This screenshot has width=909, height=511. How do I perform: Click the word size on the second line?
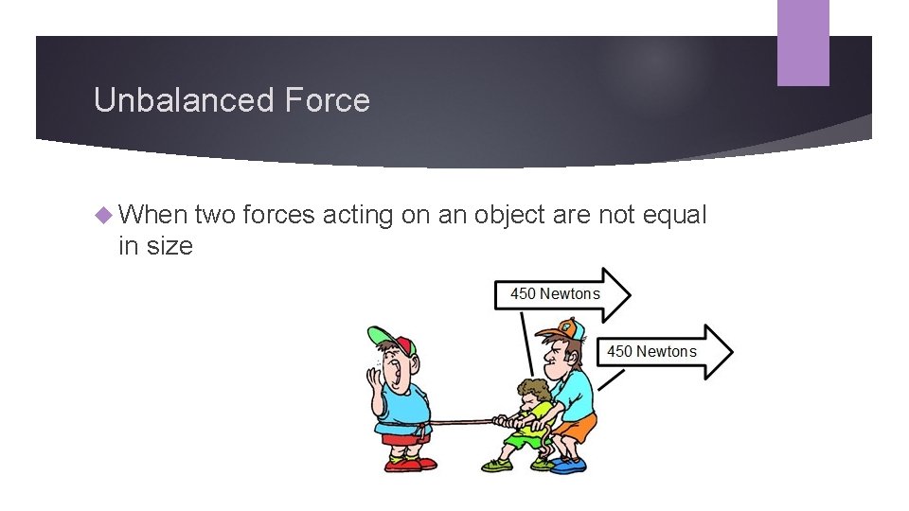point(169,246)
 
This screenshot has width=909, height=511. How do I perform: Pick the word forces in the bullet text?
point(278,216)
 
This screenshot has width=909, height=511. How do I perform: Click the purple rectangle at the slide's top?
point(803,43)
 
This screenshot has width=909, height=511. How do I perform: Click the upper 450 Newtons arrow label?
point(555,293)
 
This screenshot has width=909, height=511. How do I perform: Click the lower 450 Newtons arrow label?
point(651,351)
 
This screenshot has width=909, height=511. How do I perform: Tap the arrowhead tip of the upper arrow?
point(628,293)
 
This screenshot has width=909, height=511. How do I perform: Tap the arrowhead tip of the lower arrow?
point(731,352)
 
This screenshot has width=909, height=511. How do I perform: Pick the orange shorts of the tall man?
point(577,428)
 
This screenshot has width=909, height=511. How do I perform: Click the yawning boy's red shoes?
point(409,464)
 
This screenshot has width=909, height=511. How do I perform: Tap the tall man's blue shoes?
point(568,465)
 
